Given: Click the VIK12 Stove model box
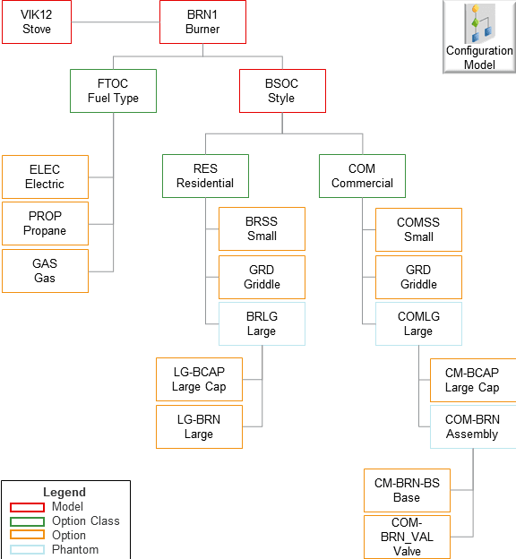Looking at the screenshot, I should (x=37, y=22).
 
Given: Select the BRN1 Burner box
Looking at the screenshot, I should (x=202, y=22).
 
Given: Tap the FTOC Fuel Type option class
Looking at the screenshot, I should (x=113, y=91).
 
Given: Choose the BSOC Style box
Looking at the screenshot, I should (x=281, y=91).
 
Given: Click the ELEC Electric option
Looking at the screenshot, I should (x=45, y=177).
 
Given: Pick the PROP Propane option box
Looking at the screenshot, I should (x=45, y=224).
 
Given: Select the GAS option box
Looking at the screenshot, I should (x=45, y=271).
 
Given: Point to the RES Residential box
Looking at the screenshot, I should (x=205, y=176).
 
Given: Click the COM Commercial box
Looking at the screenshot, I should (x=362, y=176).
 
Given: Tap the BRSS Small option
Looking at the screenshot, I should (x=262, y=229).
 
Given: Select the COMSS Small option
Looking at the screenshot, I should (x=418, y=230).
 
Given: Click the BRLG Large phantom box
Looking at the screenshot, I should (x=262, y=323).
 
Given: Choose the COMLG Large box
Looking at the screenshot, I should (x=418, y=323).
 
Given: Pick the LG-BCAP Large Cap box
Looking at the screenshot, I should (x=199, y=380).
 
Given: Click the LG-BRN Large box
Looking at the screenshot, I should (x=199, y=426).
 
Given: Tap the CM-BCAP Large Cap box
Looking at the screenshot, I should (x=472, y=380).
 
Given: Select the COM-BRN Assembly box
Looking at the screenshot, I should (x=472, y=426).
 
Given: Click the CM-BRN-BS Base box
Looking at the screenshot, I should (x=407, y=490).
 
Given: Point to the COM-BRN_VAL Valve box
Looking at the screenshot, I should (x=407, y=537).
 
